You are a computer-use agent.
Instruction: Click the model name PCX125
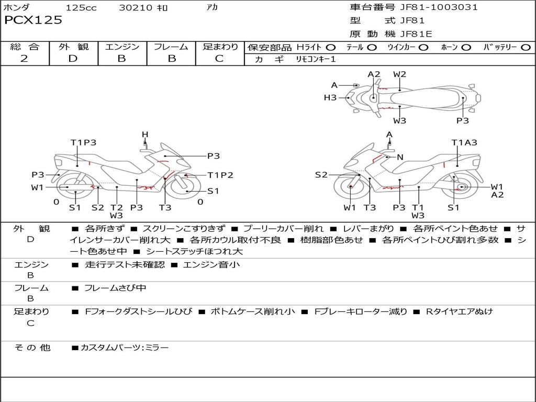pos(33,20)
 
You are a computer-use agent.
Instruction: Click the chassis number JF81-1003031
pos(439,7)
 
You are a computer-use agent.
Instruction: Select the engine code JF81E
pos(416,34)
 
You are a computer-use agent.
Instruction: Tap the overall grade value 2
pos(24,59)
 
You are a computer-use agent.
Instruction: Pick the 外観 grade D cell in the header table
pos(73,59)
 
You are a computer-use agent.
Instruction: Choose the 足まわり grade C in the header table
pos(219,59)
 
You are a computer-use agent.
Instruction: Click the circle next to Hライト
pos(331,48)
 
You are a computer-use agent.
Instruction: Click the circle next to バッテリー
pos(526,48)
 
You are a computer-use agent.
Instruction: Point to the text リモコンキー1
pos(316,59)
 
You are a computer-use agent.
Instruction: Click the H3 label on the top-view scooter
pos(330,98)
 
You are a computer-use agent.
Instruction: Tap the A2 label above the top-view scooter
pos(374,74)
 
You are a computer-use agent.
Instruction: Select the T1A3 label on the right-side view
pos(464,142)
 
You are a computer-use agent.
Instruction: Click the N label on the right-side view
pos(400,157)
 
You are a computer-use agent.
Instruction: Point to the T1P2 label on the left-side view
pos(220,175)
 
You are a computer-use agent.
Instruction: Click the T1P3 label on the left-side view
pos(83,142)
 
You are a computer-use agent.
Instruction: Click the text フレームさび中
pos(115,288)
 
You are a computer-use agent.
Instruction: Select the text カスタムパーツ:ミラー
pos(125,348)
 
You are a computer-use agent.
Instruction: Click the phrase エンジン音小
pos(211,265)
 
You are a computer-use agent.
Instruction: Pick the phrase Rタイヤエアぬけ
pos(459,312)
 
